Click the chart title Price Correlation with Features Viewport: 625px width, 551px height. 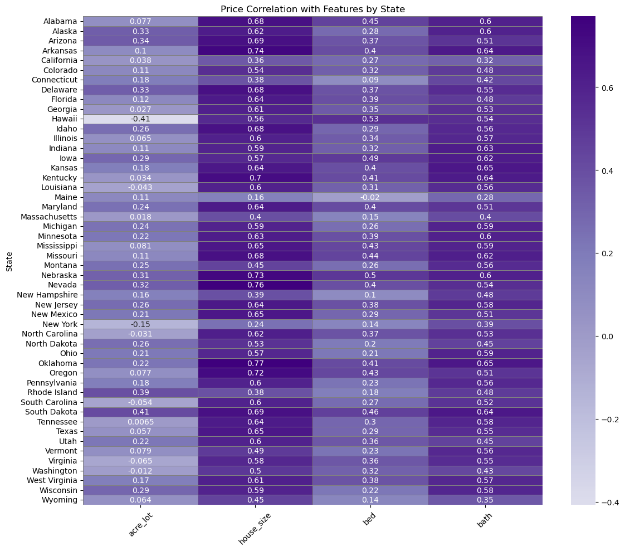pos(312,9)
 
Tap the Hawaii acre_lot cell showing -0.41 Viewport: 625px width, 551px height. pos(140,119)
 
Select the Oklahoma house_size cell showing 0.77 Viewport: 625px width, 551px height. pos(255,363)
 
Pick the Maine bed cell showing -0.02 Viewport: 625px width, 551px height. pos(370,197)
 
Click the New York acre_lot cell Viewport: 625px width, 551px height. pos(140,324)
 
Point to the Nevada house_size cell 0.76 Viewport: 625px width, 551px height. pos(255,285)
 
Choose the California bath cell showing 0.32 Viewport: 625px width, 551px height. pos(485,60)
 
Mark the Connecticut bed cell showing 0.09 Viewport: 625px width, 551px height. pos(370,80)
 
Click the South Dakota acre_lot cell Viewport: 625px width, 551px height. pos(140,412)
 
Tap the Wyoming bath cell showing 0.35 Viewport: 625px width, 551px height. pos(485,500)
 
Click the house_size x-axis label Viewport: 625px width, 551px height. pos(251,529)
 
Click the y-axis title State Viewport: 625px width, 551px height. pos(9,261)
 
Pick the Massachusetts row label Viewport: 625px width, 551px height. pos(50,216)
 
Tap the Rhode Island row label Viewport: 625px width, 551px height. pos(57,392)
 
